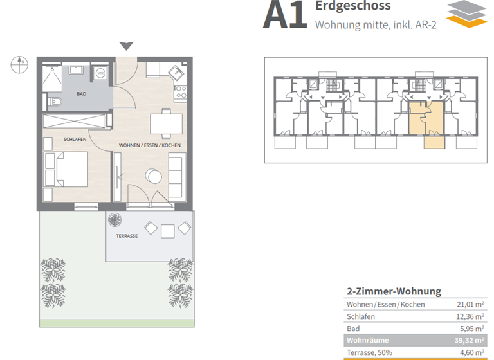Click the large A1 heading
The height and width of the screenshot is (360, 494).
[x=285, y=16]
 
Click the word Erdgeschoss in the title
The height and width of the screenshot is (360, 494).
[x=352, y=6]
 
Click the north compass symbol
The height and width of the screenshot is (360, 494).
[x=19, y=63]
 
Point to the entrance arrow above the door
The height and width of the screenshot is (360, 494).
[x=127, y=46]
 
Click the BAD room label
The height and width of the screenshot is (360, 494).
[x=81, y=94]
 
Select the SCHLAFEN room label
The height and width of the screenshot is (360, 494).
[x=75, y=139]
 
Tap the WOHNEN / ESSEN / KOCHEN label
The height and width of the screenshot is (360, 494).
[x=149, y=145]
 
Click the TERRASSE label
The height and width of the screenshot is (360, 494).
[x=127, y=236]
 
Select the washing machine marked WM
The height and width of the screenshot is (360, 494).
[x=101, y=74]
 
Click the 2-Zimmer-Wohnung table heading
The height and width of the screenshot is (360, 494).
[x=394, y=291]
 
